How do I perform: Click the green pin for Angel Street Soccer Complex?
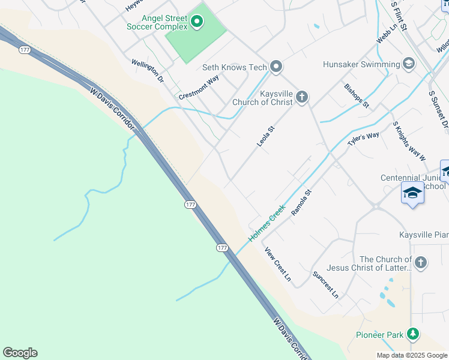[x=196, y=23]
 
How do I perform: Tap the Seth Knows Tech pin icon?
[x=276, y=66]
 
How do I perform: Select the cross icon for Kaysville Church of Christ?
[x=301, y=97]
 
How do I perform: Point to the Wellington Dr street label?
[x=148, y=70]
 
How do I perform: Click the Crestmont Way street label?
[x=198, y=88]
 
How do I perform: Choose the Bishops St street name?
[x=357, y=95]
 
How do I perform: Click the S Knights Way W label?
[x=409, y=141]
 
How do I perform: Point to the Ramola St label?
[x=302, y=203]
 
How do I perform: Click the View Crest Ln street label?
[x=277, y=265]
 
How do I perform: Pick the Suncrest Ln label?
[x=325, y=284]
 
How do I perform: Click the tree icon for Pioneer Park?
[x=412, y=334]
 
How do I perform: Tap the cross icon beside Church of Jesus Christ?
[x=421, y=262]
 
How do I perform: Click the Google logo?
[x=20, y=352]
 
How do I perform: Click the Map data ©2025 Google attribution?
[x=412, y=355]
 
